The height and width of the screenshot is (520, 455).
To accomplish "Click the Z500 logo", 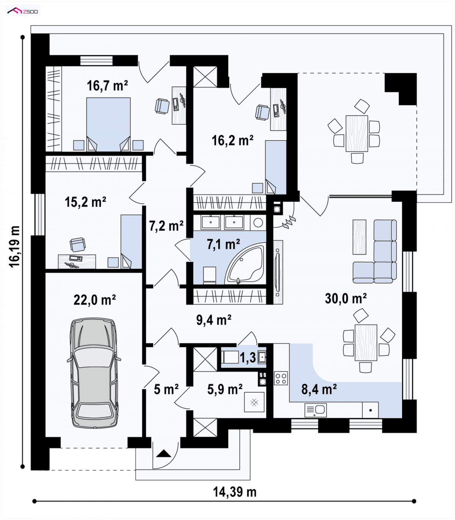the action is pyautogui.click(x=22, y=11).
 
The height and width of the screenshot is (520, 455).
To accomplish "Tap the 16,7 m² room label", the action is pyautogui.click(x=107, y=85).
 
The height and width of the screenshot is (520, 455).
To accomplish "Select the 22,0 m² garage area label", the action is pyautogui.click(x=94, y=300).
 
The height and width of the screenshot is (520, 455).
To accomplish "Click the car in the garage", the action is pyautogui.click(x=94, y=373).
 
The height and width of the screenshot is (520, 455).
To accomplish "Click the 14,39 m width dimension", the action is pyautogui.click(x=235, y=492).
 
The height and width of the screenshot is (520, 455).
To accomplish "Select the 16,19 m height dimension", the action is pyautogui.click(x=15, y=247).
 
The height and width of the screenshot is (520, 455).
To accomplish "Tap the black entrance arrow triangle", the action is pyautogui.click(x=163, y=454).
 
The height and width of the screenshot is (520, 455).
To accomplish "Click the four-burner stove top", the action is pyautogui.click(x=281, y=378).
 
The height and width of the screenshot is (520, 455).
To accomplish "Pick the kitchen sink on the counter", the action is pyautogui.click(x=315, y=410).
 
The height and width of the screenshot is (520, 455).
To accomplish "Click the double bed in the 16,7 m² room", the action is pyautogui.click(x=108, y=124).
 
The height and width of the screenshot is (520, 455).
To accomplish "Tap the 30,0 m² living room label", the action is pyautogui.click(x=345, y=298).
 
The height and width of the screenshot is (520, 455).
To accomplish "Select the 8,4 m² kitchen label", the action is pyautogui.click(x=319, y=389).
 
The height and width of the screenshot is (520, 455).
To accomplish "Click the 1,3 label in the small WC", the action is pyautogui.click(x=248, y=357).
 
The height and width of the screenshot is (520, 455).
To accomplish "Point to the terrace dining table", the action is pyautogui.click(x=357, y=133).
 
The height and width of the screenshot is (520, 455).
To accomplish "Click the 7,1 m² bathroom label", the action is pyautogui.click(x=223, y=244).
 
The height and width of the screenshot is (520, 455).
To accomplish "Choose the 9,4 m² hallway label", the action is pyautogui.click(x=214, y=320).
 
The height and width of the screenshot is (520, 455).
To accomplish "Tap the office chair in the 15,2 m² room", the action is pyautogui.click(x=77, y=245).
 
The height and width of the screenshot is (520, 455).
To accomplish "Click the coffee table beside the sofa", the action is pyautogui.click(x=359, y=237).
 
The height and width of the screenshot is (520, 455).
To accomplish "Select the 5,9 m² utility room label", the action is pyautogui.click(x=225, y=389).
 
